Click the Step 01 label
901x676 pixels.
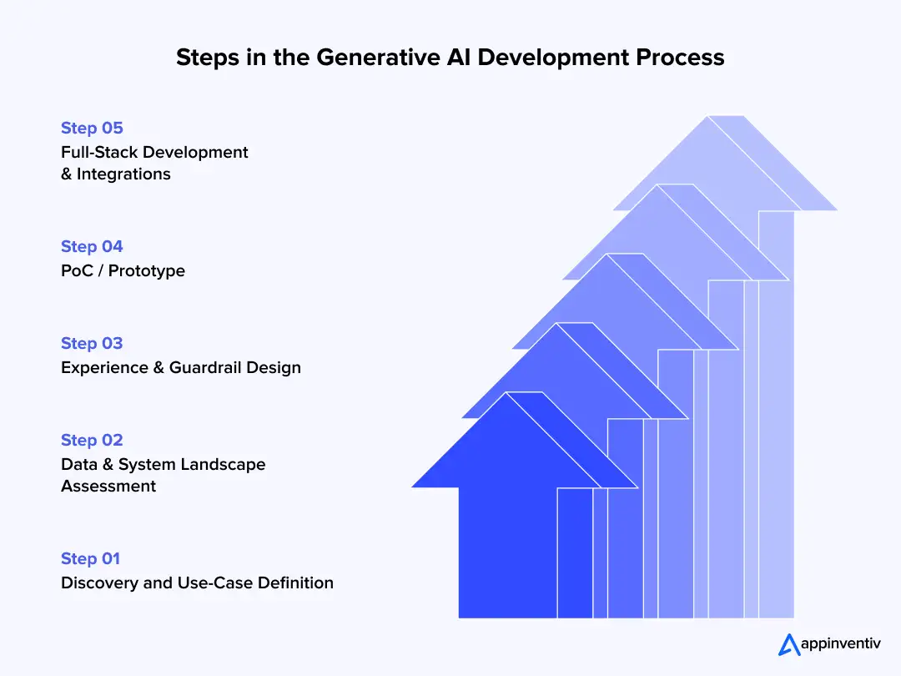pos(92,558)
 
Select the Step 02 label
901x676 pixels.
pos(92,440)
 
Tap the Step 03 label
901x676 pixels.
pos(92,343)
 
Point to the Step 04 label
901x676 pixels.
pos(92,246)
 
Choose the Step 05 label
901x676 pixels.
pos(92,128)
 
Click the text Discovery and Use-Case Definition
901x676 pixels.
pos(197,583)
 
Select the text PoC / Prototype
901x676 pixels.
pos(123,270)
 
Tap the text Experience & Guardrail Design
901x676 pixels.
pos(180,367)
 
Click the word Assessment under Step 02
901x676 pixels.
pos(108,486)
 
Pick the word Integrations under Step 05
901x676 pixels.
pos(123,174)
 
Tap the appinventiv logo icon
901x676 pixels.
pos(789,644)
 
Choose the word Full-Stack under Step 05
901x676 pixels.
pos(99,152)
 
